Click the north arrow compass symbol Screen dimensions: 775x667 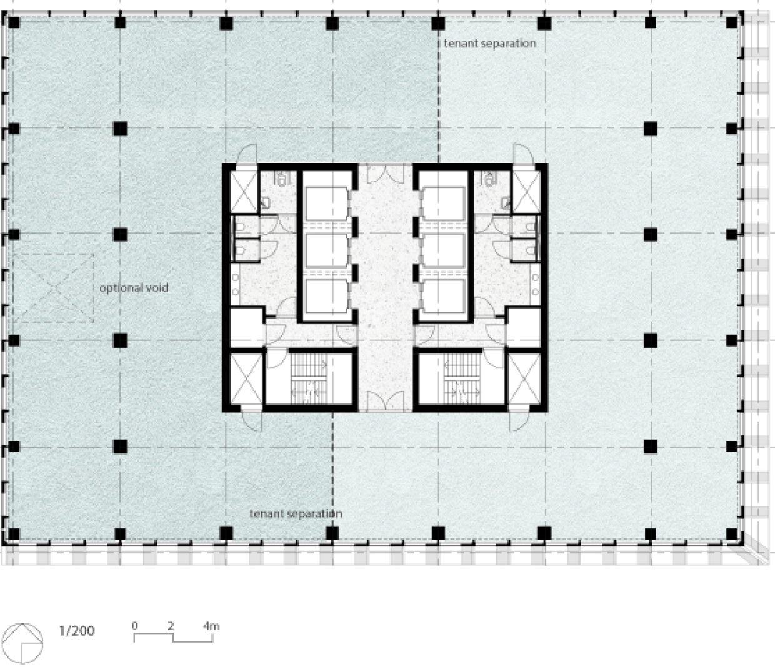click(22, 643)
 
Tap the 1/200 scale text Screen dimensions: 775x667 click(77, 631)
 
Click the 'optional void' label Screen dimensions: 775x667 click(134, 288)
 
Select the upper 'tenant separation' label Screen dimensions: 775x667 click(489, 44)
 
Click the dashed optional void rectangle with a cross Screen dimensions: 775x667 click(53, 288)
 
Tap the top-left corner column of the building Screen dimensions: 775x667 click(14, 23)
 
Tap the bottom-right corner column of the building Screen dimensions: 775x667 click(731, 533)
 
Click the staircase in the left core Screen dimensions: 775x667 click(309, 379)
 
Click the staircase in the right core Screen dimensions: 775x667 click(462, 379)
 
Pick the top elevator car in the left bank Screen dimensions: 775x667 click(327, 204)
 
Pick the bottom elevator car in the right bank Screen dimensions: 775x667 click(444, 295)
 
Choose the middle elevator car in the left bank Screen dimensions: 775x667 click(327, 250)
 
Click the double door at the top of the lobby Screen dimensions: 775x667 click(386, 173)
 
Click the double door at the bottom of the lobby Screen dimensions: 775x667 click(386, 402)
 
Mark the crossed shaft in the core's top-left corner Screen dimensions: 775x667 click(244, 192)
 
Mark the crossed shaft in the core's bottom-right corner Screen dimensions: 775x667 click(524, 378)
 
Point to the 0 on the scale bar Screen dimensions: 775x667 click(134, 626)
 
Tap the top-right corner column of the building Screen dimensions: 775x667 click(731, 23)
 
